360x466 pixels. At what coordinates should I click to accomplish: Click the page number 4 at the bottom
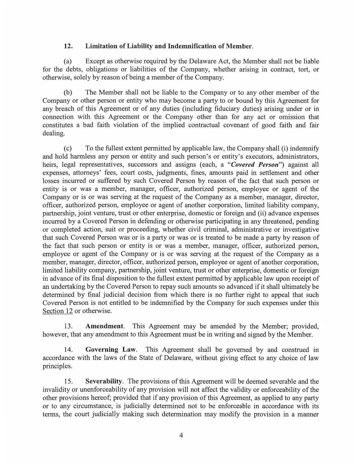[181, 435]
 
